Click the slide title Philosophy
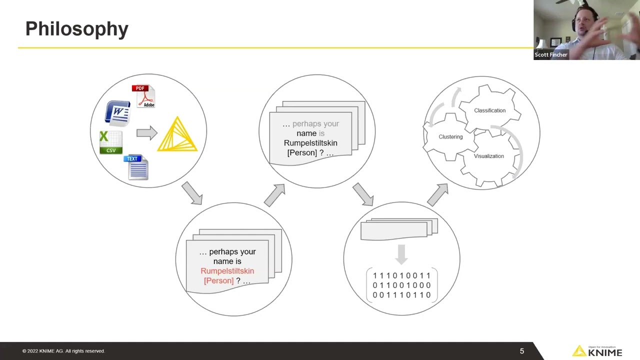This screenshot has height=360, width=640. [x=76, y=29]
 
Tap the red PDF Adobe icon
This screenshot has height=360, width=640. [x=144, y=96]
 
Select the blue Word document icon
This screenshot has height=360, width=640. [x=117, y=113]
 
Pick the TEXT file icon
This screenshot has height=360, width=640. [x=136, y=167]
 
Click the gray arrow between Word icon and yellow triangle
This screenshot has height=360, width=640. [x=146, y=132]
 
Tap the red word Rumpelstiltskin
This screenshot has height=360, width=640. [x=227, y=271]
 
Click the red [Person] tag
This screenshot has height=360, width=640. [x=218, y=280]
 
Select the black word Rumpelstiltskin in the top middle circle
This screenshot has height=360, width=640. [x=310, y=143]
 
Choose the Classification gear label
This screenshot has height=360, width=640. [x=489, y=110]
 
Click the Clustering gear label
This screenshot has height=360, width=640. [x=450, y=136]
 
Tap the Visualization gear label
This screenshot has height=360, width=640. [x=488, y=156]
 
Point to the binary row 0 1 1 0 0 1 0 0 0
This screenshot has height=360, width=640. [x=401, y=285]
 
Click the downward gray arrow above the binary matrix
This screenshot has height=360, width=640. [x=401, y=254]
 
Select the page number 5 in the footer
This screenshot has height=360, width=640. [x=521, y=351]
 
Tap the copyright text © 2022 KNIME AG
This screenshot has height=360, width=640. [x=63, y=351]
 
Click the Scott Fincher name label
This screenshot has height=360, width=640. [x=550, y=55]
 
